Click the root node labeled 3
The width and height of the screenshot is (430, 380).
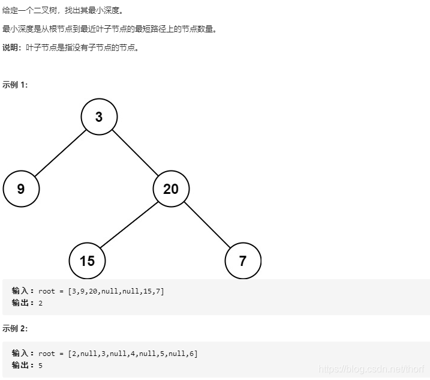click(x=99, y=117)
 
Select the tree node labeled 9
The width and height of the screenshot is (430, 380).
click(x=21, y=189)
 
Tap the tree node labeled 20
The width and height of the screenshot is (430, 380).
click(x=171, y=189)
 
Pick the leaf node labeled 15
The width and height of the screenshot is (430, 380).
click(x=87, y=261)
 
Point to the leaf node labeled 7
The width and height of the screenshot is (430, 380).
click(x=243, y=261)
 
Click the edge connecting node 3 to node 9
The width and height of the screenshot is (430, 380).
click(x=60, y=153)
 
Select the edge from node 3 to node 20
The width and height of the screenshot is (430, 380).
click(x=135, y=153)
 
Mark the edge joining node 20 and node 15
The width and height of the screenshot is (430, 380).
click(x=128, y=225)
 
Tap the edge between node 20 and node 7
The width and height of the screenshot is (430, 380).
click(x=207, y=225)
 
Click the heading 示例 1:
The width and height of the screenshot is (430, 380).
click(x=15, y=85)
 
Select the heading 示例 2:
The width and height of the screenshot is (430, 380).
click(x=15, y=328)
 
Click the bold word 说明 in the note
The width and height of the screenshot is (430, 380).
click(x=11, y=48)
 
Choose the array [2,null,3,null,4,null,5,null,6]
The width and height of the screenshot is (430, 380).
click(x=132, y=354)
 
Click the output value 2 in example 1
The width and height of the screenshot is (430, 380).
click(x=41, y=303)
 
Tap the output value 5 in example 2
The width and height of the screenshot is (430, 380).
click(x=41, y=365)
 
